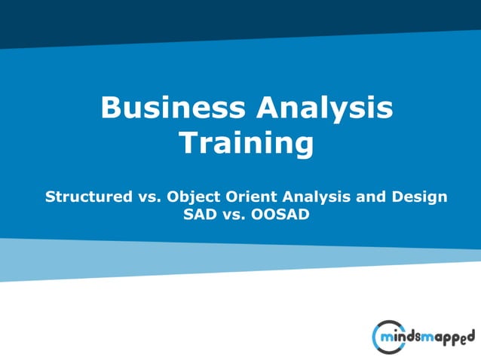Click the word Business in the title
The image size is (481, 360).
173,108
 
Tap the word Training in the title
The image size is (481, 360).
246,143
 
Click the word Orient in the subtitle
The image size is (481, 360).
249,197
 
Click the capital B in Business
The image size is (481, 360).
111,108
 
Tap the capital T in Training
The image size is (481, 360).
188,143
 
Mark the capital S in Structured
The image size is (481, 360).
51,197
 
